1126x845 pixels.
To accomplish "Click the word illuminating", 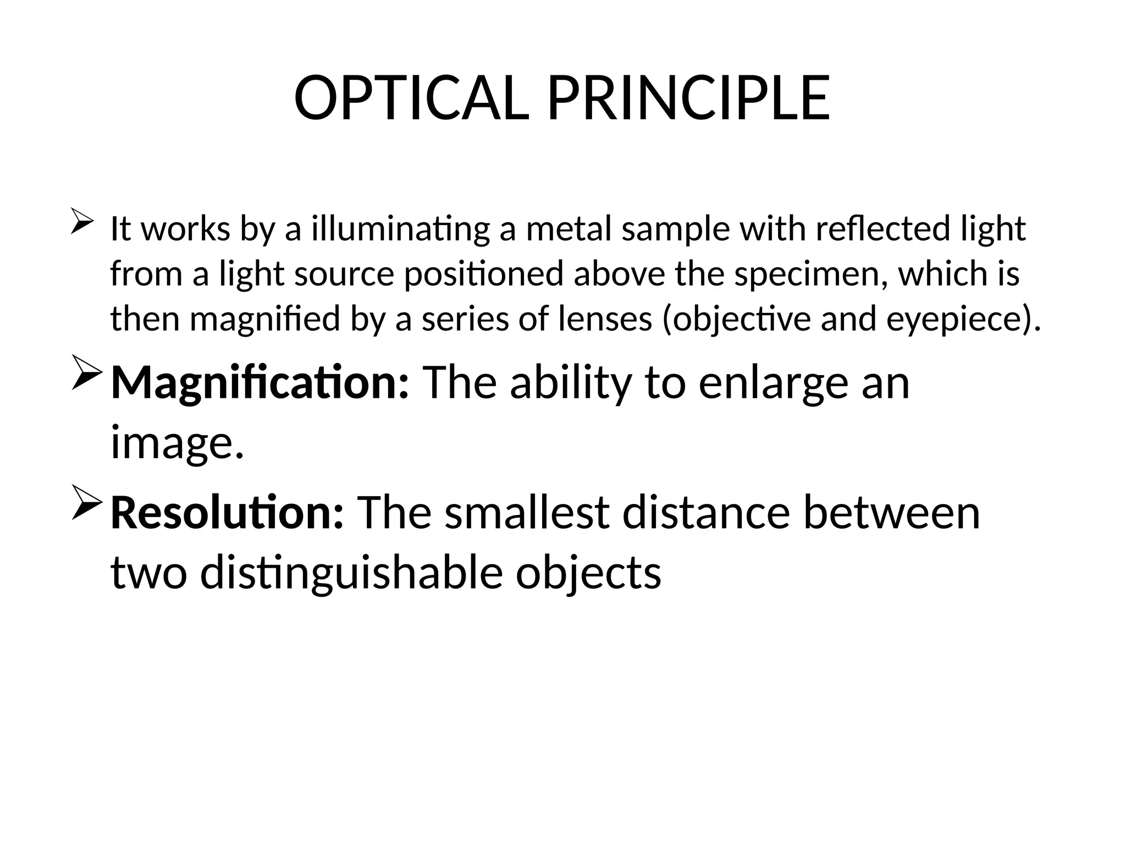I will [x=400, y=229].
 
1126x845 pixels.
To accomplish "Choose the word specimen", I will [x=808, y=275].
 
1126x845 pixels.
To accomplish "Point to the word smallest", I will [x=528, y=513].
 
